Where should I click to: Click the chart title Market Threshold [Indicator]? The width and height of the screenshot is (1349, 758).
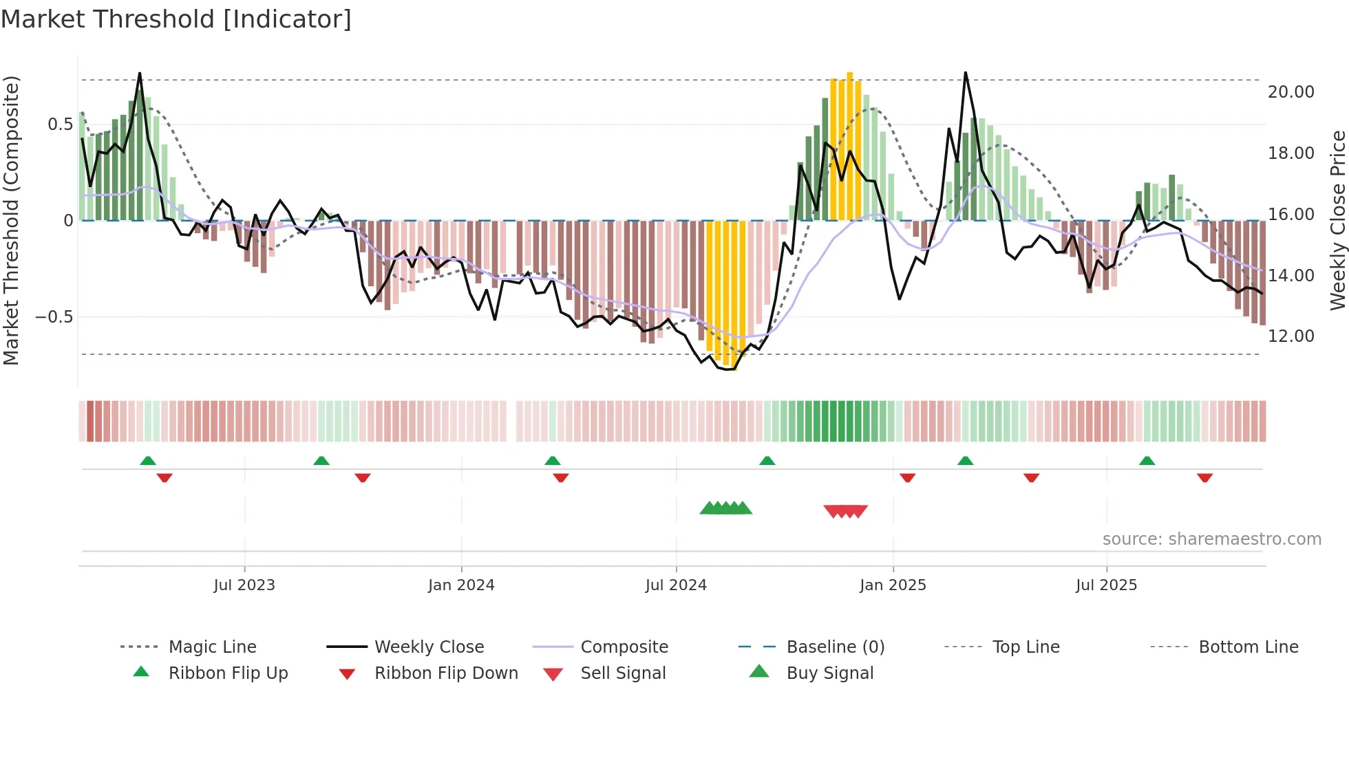click(176, 19)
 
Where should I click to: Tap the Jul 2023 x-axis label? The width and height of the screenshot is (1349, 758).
click(244, 585)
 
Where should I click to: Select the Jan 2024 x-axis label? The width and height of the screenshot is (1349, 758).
click(461, 585)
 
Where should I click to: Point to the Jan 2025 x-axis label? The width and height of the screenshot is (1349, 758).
click(893, 585)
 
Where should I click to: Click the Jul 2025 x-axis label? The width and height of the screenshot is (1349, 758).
click(1106, 585)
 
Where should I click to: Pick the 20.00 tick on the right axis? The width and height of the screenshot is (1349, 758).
click(1290, 92)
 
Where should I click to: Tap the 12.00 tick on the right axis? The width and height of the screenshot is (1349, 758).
click(1290, 336)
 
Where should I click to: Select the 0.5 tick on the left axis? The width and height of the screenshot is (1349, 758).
click(60, 124)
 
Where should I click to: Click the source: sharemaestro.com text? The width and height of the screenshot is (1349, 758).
click(1211, 539)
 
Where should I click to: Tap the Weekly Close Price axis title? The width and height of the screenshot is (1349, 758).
click(1337, 220)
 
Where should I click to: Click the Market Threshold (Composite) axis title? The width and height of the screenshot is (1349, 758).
click(11, 220)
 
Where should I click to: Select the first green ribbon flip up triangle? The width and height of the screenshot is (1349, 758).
click(148, 461)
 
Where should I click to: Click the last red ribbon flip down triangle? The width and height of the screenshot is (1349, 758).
click(1204, 477)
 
